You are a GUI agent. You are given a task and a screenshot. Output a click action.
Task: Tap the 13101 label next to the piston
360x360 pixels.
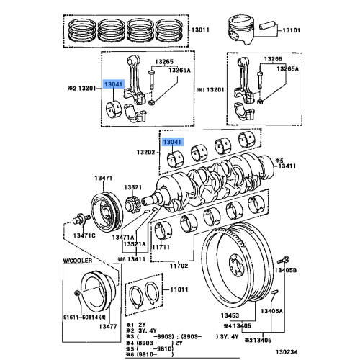click(x=289, y=30)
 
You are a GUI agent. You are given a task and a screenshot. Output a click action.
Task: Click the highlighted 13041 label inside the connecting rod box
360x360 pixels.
click(x=114, y=85)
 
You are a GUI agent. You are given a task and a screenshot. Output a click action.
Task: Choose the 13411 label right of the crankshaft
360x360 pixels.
click(x=287, y=165)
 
